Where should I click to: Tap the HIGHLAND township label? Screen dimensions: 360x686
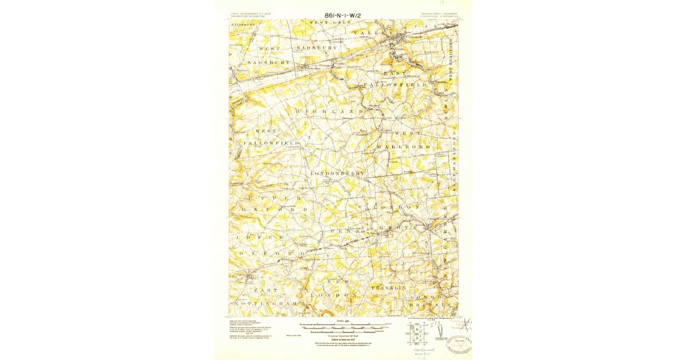pyautogui.click(x=330, y=110)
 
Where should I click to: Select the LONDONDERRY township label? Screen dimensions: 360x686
pyautogui.click(x=338, y=173)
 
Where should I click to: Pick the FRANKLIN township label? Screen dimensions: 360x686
pyautogui.click(x=389, y=287)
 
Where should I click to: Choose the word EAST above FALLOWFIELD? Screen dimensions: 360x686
pyautogui.click(x=395, y=74)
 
